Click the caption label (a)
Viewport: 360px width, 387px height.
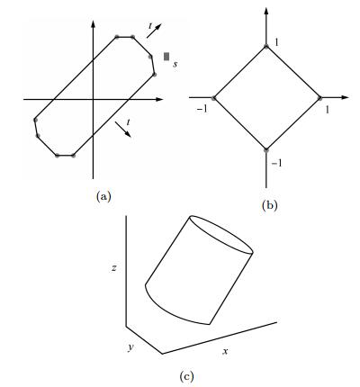[x=103, y=196]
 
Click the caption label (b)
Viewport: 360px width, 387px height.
[x=269, y=205]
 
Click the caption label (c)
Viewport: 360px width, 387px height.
[x=186, y=376]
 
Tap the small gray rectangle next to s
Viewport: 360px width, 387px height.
[x=166, y=57]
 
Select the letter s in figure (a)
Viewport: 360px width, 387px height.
[x=175, y=64]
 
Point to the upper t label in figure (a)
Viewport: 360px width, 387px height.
[x=150, y=26]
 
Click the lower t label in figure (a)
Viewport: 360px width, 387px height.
[x=128, y=122]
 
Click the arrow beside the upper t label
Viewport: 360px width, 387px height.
[x=154, y=31]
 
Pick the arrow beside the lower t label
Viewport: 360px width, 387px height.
[x=123, y=130]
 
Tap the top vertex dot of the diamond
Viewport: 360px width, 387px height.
[x=266, y=46]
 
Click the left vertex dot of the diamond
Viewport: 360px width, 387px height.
[x=213, y=98]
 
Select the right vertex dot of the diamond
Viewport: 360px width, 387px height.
[x=319, y=98]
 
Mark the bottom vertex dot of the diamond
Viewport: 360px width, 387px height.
[x=266, y=150]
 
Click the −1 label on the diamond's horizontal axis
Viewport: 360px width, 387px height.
[x=202, y=109]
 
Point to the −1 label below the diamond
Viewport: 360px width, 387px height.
[x=276, y=163]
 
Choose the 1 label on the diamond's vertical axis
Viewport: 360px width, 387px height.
[x=276, y=42]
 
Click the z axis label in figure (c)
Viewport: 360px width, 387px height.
[x=113, y=268]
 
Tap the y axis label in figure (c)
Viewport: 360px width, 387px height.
[x=130, y=347]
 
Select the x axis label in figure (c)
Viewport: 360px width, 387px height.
[x=225, y=351]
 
